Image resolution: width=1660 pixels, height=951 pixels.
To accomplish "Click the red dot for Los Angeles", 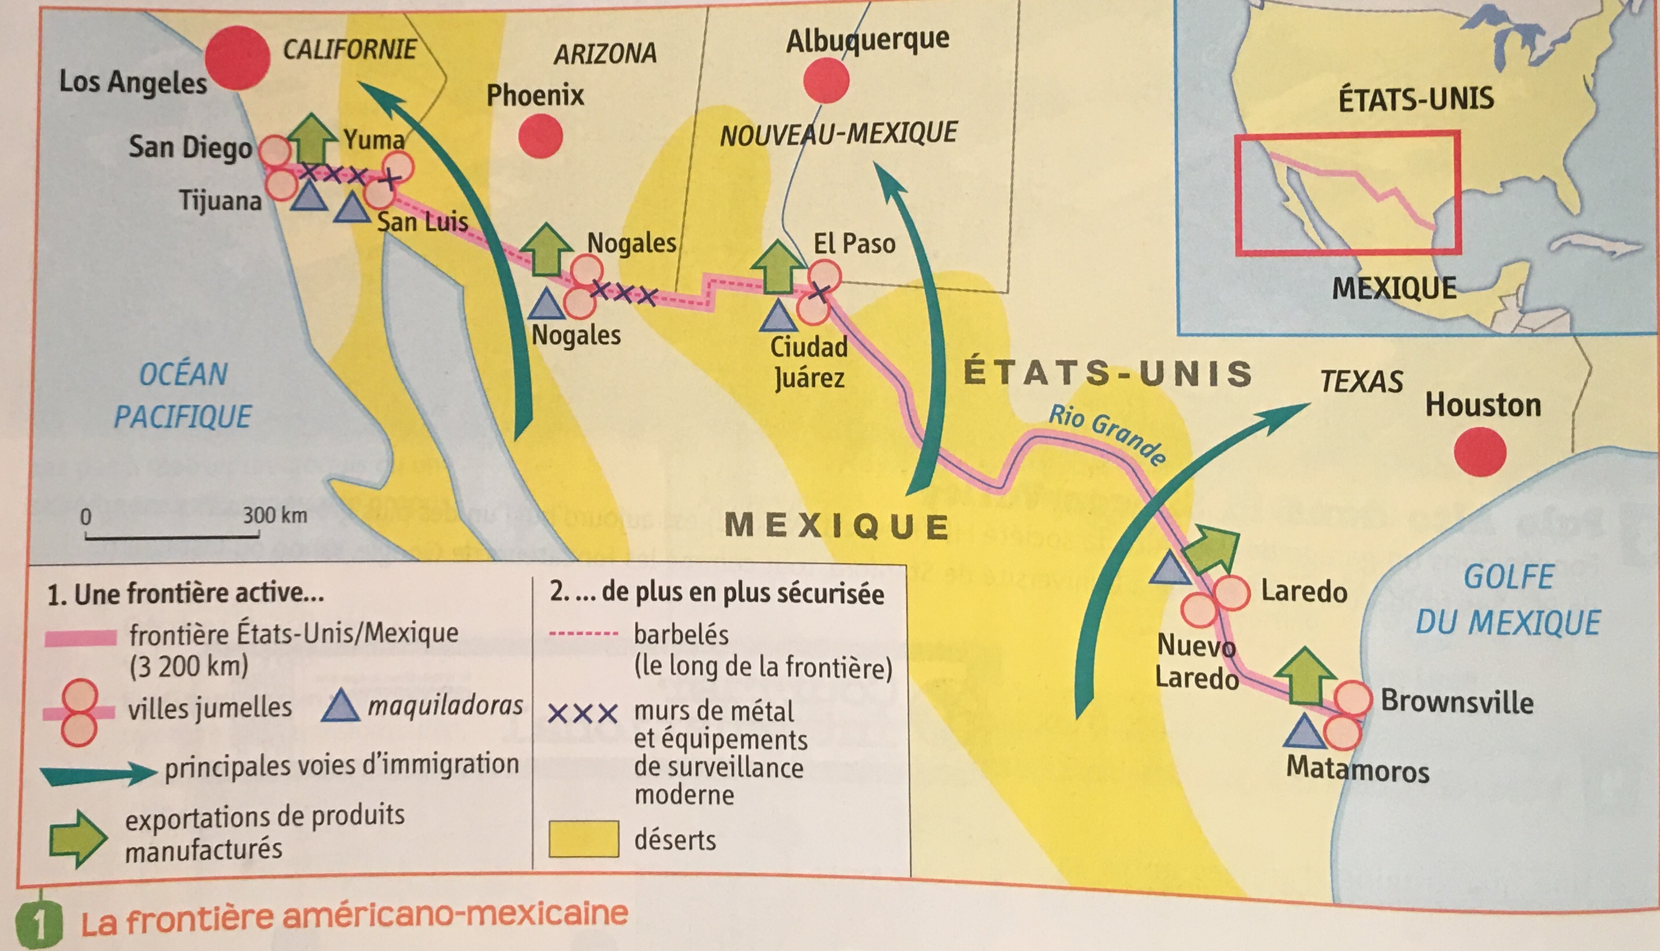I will point(237,58).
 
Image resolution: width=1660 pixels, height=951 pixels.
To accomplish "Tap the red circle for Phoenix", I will point(540,136).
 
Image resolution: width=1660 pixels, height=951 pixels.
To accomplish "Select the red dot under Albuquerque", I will point(826,81).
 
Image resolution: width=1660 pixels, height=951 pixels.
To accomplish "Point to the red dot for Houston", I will point(1480,452).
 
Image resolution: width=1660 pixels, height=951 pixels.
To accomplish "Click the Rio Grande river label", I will point(1107,434).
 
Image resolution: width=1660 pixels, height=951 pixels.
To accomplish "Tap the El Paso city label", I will point(854,243).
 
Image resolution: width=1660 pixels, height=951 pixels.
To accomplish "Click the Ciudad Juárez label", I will point(809,362).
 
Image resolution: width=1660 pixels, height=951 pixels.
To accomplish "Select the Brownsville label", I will point(1456,702).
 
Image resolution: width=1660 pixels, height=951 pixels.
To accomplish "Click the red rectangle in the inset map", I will point(1347,193).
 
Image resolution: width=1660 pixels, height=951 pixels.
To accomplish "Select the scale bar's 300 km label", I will point(275,515).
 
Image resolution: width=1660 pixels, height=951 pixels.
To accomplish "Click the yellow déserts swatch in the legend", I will point(583,839).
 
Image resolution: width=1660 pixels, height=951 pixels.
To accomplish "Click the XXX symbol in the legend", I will point(583,713).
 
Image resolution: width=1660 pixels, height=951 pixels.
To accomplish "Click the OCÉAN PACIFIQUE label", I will point(183,395).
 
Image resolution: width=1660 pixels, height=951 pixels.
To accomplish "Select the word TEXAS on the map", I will point(1361,382).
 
